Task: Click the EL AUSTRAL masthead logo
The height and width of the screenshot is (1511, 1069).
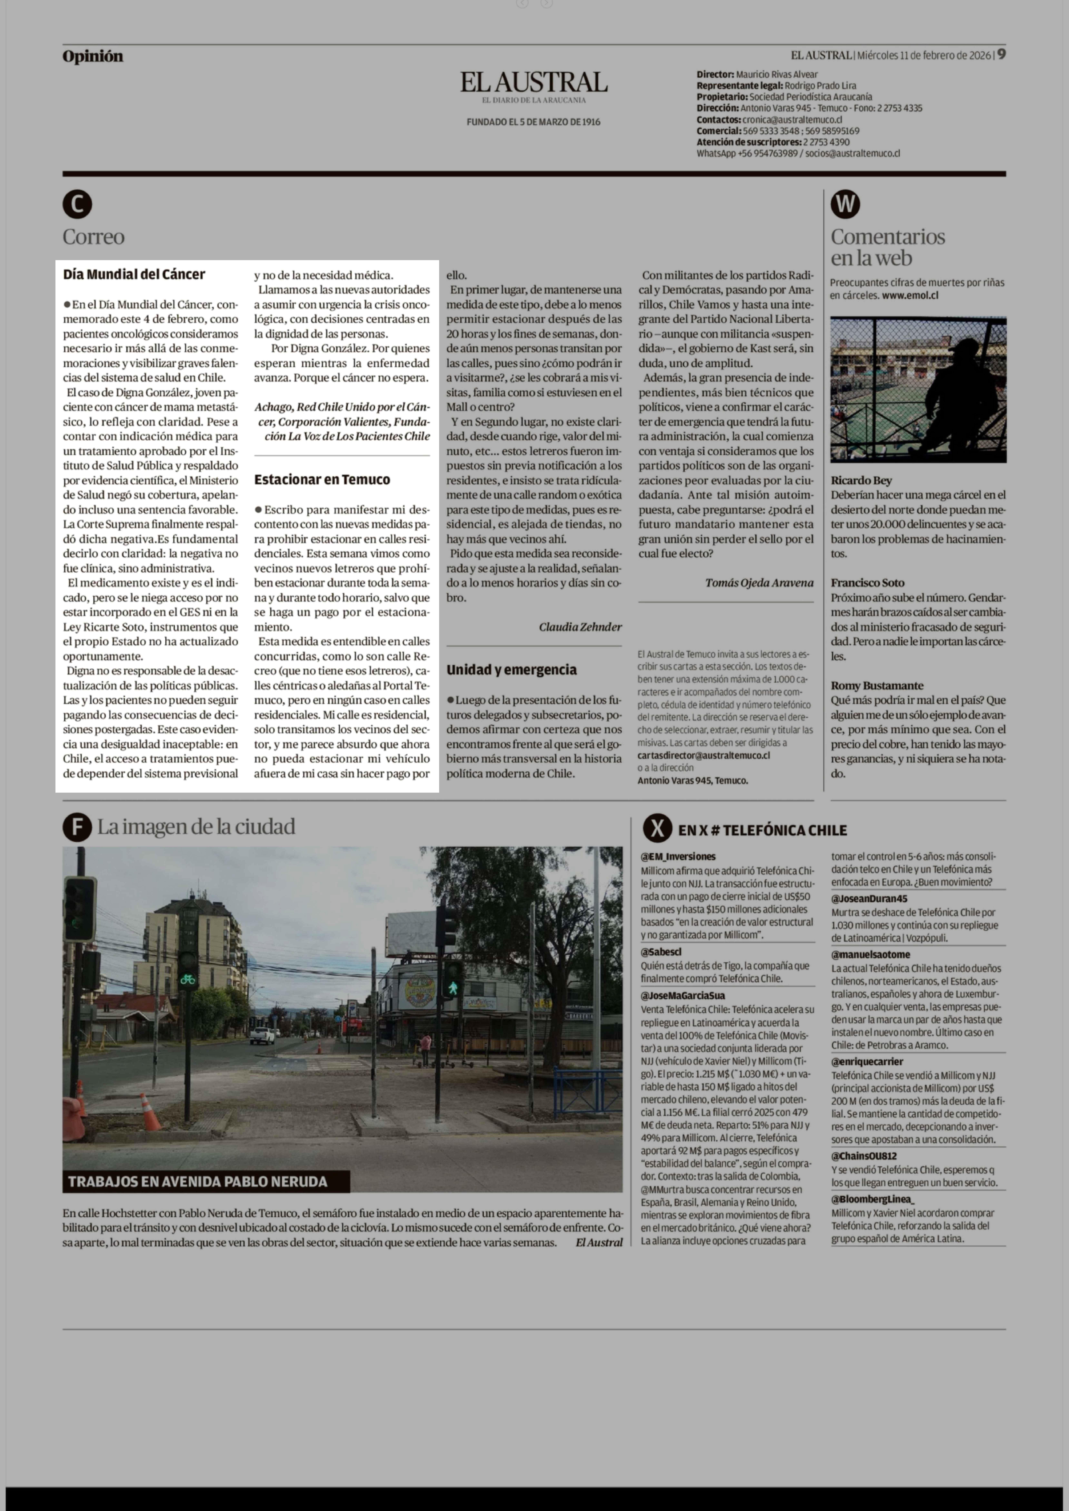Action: click(x=533, y=83)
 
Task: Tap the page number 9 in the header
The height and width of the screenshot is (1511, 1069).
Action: click(x=1000, y=55)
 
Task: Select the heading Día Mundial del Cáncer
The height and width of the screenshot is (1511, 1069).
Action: click(x=134, y=274)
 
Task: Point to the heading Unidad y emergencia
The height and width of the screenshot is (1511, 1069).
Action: click(x=512, y=670)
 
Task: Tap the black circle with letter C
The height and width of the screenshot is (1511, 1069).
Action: click(x=77, y=205)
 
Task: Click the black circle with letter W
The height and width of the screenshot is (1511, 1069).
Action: click(x=845, y=205)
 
